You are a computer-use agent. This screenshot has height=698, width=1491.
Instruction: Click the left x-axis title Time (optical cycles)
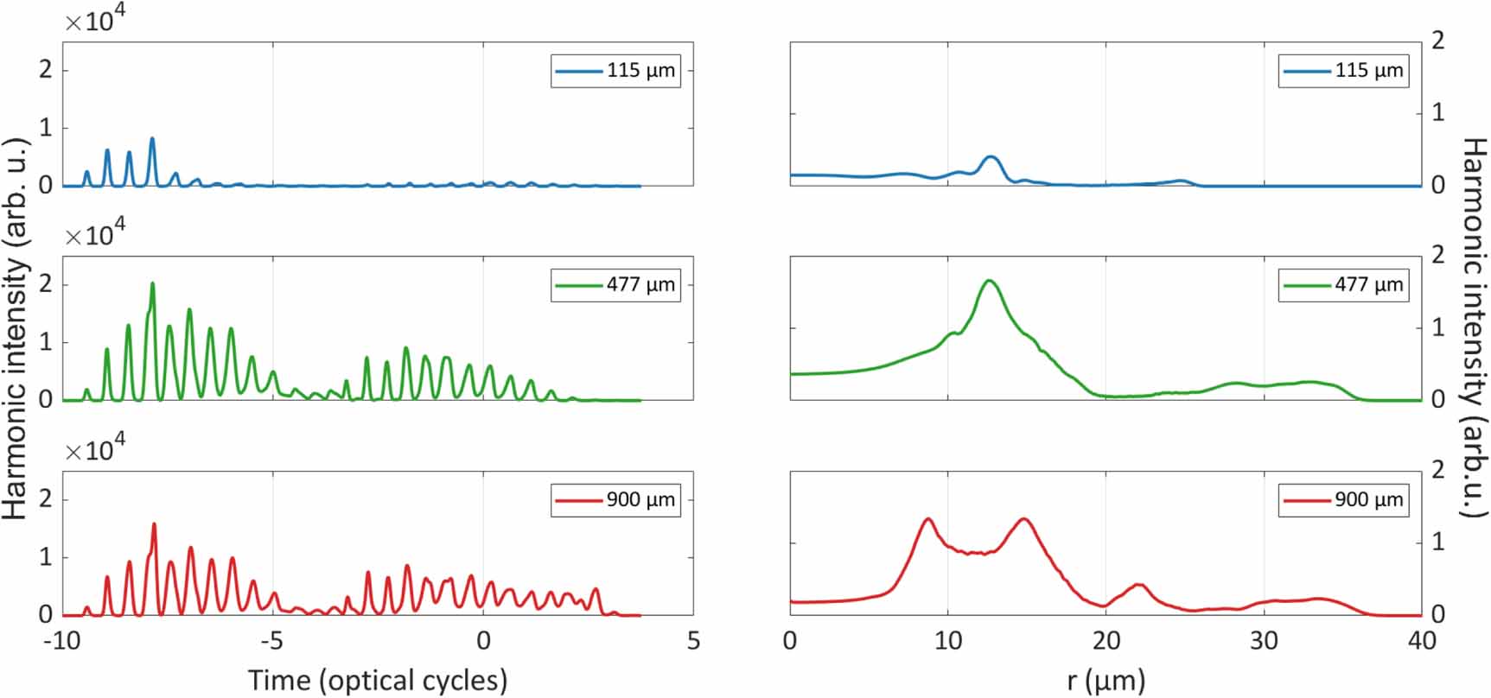[x=378, y=680]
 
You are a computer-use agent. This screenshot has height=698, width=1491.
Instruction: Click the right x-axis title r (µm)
[x=1106, y=680]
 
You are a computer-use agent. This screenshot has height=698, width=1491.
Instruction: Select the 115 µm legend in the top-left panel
[x=615, y=71]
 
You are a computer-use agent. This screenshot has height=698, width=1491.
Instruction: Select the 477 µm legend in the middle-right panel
[x=1343, y=285]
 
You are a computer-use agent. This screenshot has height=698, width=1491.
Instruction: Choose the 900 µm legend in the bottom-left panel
[x=615, y=500]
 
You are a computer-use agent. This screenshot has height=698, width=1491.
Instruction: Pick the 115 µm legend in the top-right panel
[x=1343, y=71]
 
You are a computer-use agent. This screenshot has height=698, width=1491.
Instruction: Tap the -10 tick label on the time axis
[x=62, y=641]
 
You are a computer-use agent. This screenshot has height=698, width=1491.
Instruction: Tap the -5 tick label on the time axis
[x=271, y=641]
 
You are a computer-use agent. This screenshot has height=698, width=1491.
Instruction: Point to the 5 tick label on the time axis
[x=693, y=641]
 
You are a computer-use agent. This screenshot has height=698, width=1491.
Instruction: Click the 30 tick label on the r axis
[x=1264, y=641]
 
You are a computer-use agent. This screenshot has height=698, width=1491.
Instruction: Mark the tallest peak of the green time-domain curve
[x=153, y=283]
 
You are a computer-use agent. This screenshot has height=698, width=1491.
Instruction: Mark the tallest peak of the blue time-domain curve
[x=152, y=138]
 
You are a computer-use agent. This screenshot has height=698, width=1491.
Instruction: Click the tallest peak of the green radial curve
[x=989, y=281]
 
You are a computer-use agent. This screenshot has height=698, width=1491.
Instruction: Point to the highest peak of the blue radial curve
[x=991, y=157]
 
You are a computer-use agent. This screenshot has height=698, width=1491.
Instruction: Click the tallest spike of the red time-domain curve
[x=154, y=523]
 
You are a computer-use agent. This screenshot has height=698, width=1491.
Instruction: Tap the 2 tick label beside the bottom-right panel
[x=1438, y=471]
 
